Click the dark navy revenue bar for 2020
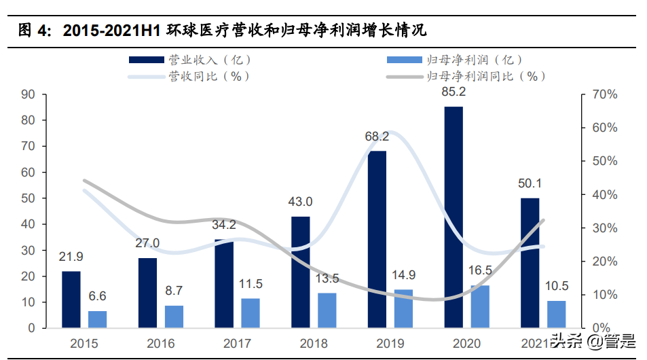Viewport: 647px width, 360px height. point(454,217)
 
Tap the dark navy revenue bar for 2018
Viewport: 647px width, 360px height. point(301,272)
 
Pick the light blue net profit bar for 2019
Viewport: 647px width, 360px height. point(403,308)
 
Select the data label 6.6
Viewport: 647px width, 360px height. point(98,297)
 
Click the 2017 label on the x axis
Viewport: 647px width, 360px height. point(236,344)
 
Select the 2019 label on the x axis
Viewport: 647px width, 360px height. point(389,344)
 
